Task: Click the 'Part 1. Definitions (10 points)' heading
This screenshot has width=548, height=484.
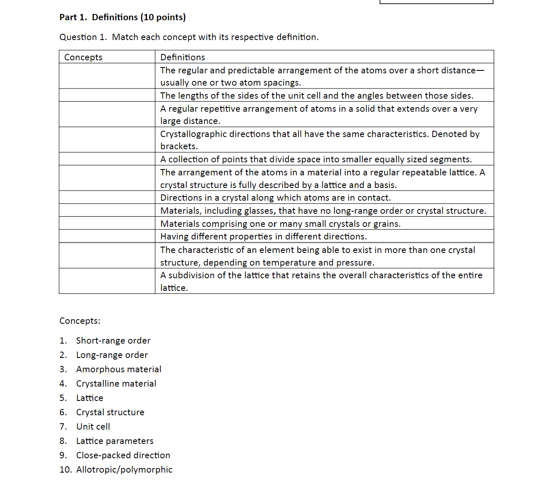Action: (x=122, y=17)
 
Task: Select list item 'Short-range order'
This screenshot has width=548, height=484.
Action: (x=113, y=341)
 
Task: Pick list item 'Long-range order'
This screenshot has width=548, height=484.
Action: (x=112, y=355)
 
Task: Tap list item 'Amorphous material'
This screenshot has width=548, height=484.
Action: (x=118, y=369)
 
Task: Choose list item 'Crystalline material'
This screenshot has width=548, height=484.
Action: (x=116, y=384)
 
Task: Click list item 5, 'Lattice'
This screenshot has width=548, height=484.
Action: (x=90, y=398)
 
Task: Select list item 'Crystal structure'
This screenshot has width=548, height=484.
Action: (x=110, y=412)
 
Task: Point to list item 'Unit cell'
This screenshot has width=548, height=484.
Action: (x=93, y=427)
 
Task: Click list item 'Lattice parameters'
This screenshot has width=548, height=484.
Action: (x=114, y=441)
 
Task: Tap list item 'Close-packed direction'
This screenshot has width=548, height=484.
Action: (x=123, y=455)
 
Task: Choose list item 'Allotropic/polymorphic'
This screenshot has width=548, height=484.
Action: (x=124, y=470)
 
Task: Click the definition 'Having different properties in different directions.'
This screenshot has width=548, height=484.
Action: (x=263, y=237)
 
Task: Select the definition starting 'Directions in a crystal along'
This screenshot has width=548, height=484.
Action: (x=275, y=198)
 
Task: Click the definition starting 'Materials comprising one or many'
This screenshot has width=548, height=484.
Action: (x=280, y=224)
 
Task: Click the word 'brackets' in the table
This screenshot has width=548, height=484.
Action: (x=178, y=146)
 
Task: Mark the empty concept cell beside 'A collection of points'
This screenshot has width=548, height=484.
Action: (x=107, y=159)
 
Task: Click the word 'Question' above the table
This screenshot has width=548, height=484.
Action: (x=78, y=37)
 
